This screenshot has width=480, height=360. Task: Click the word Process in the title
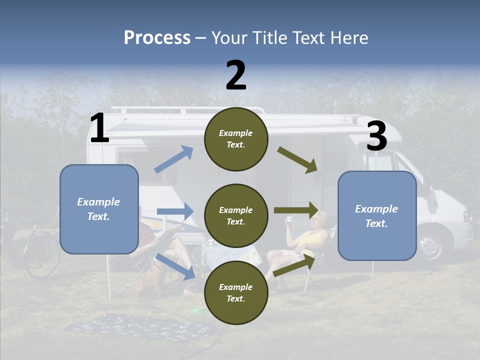[157, 37]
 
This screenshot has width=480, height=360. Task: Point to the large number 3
[376, 136]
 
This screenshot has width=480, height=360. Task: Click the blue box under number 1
[99, 209]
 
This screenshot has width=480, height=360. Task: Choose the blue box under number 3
[377, 215]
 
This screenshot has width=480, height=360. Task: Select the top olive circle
[236, 139]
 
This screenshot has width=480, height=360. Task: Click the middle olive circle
[236, 215]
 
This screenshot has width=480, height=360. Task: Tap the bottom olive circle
[236, 292]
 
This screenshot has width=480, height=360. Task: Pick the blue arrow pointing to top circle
[174, 159]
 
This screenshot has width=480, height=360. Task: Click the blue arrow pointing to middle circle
[175, 211]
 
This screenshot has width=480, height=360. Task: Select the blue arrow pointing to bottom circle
[175, 266]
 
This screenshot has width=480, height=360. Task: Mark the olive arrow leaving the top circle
[297, 160]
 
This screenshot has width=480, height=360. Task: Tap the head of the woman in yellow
[318, 219]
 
